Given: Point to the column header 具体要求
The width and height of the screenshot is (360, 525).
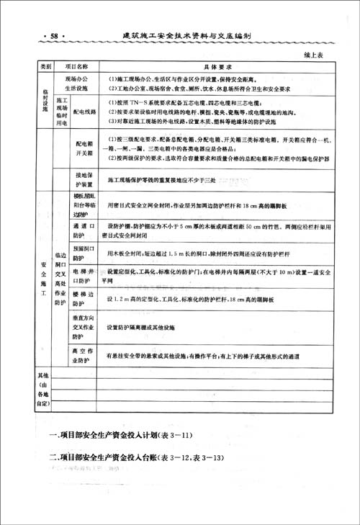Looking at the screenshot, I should (x=208, y=66).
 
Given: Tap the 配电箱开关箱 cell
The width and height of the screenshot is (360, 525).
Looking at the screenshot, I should (x=85, y=149).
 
